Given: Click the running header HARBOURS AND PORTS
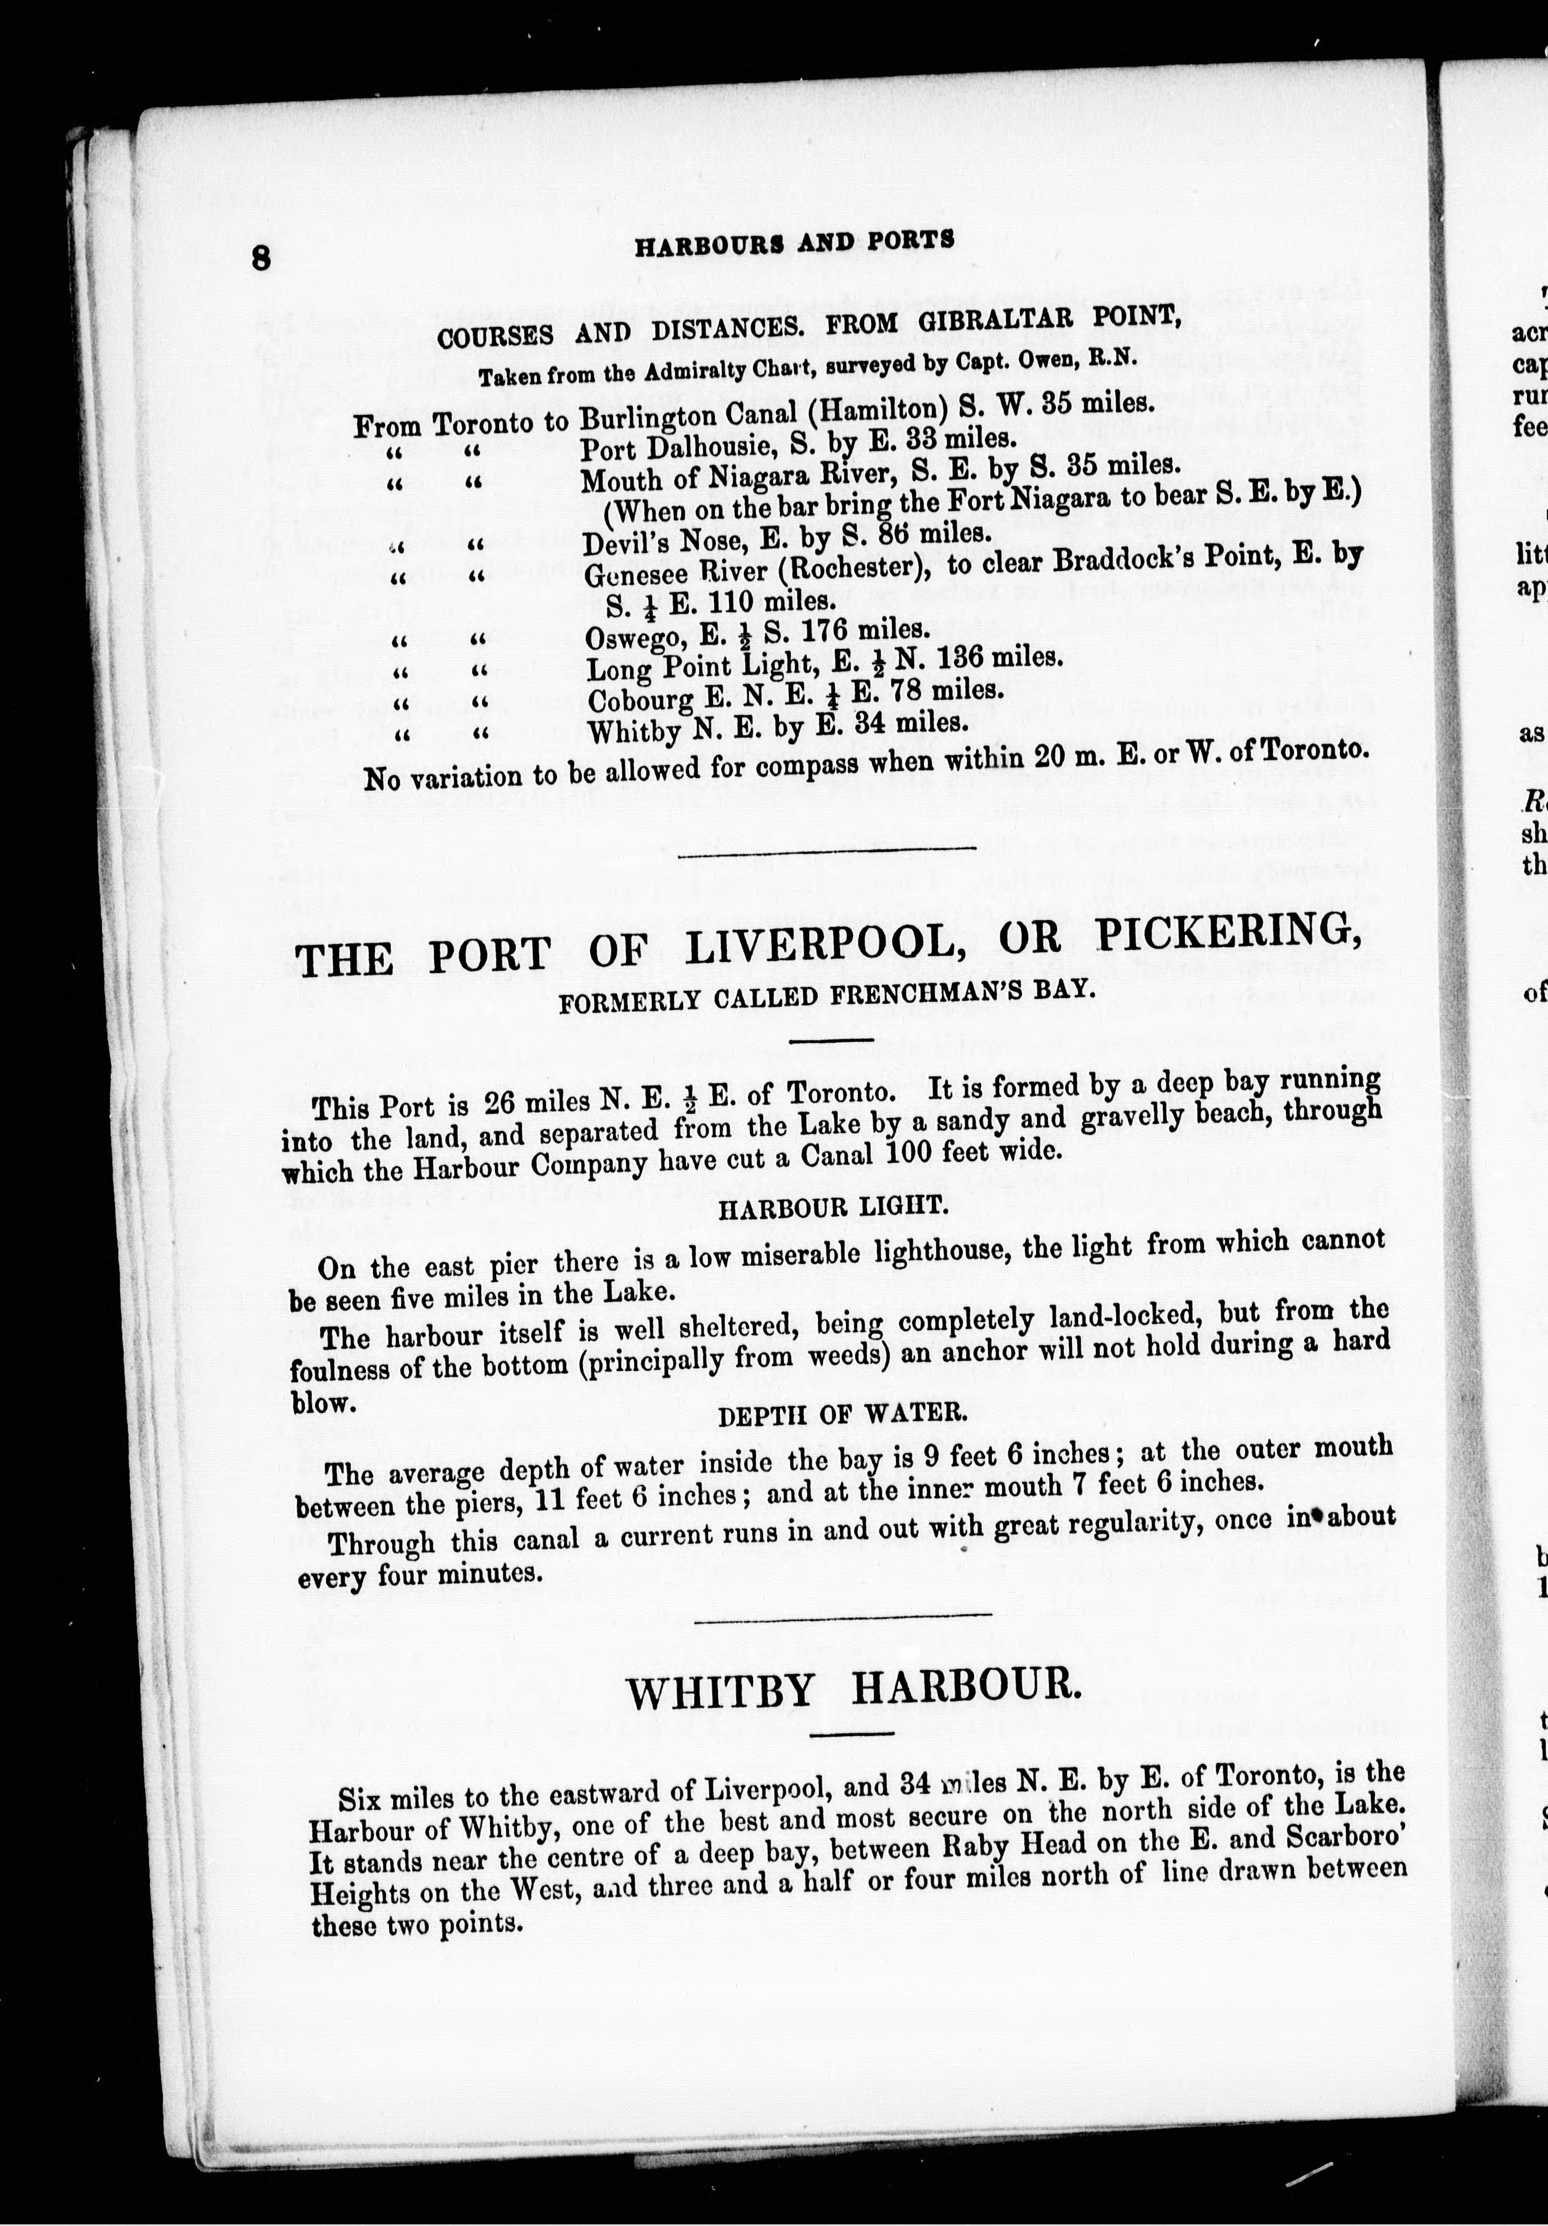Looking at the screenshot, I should (794, 242).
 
